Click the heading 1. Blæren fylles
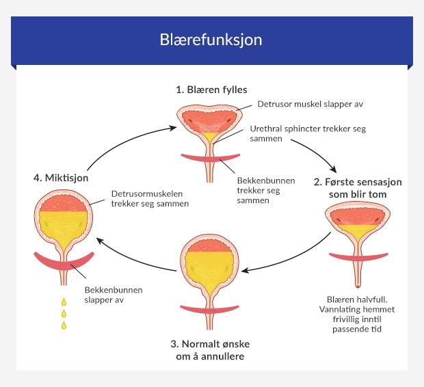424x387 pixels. click(x=211, y=90)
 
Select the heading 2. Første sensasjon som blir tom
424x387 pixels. click(x=358, y=187)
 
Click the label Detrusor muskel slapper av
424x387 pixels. click(x=300, y=105)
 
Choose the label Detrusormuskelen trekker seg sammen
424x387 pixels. click(x=149, y=199)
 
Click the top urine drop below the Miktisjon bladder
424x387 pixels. click(x=64, y=302)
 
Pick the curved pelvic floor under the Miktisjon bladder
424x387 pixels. click(x=64, y=261)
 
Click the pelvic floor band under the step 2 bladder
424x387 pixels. click(x=358, y=258)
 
